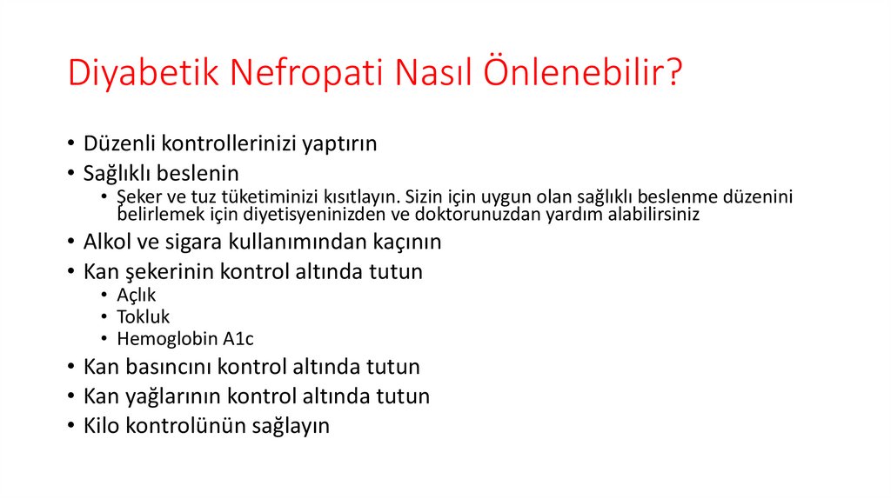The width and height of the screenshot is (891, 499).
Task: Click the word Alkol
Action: (108, 242)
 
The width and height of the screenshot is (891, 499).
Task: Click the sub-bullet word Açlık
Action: (137, 295)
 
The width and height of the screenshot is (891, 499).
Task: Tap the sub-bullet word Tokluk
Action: (144, 316)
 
